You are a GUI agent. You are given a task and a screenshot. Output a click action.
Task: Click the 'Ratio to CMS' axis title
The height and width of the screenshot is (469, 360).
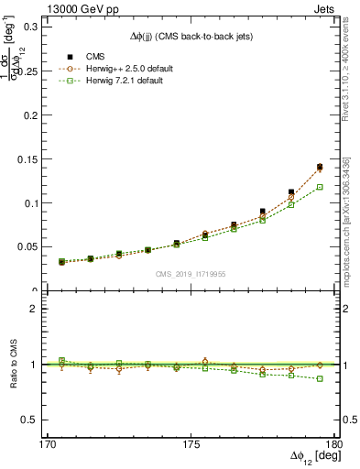click(15, 364)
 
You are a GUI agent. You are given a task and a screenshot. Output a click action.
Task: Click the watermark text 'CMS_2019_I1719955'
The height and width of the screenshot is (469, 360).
click(191, 273)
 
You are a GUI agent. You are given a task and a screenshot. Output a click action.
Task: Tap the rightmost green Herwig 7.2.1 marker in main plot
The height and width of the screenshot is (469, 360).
click(320, 187)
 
